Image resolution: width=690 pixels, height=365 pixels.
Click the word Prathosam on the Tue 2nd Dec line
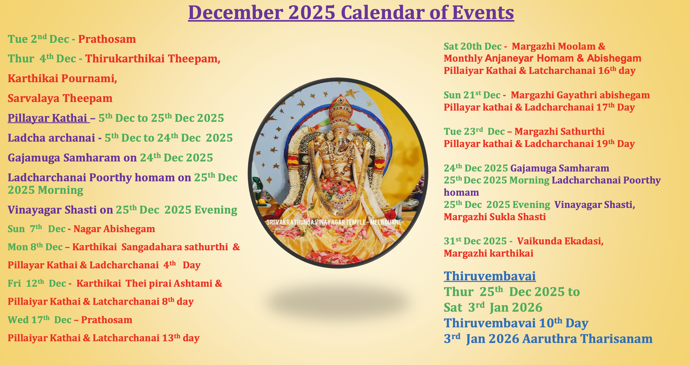click(107, 39)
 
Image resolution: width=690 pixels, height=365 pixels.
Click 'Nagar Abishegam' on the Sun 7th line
click(114, 229)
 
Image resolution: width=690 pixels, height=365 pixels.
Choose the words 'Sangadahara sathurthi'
click(175, 247)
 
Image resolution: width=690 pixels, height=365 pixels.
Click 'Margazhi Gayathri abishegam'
click(580, 95)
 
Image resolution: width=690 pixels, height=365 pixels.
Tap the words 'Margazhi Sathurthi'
click(559, 132)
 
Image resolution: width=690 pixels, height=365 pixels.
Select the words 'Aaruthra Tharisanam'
click(587, 339)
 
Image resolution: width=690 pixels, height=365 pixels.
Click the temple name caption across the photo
click(333, 222)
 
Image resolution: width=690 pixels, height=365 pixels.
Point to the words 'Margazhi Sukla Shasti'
click(494, 217)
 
